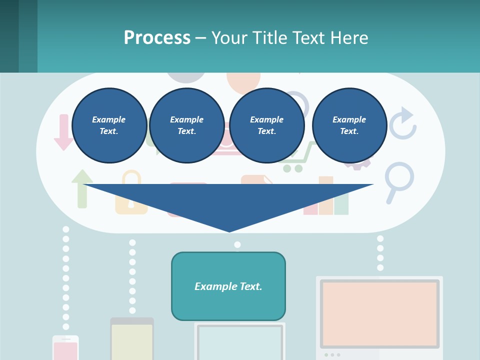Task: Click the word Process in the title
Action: pos(157,38)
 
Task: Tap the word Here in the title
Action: pos(348,38)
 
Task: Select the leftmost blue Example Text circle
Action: pos(109,125)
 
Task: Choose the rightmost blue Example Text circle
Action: pos(349,125)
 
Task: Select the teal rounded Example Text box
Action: pos(228,286)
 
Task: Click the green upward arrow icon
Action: pos(82,189)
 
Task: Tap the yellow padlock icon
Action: pos(131,195)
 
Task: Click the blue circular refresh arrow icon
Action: pos(403,123)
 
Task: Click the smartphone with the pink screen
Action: pos(65,348)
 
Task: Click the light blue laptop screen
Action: pos(239,342)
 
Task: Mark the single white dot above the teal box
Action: pos(237,244)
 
